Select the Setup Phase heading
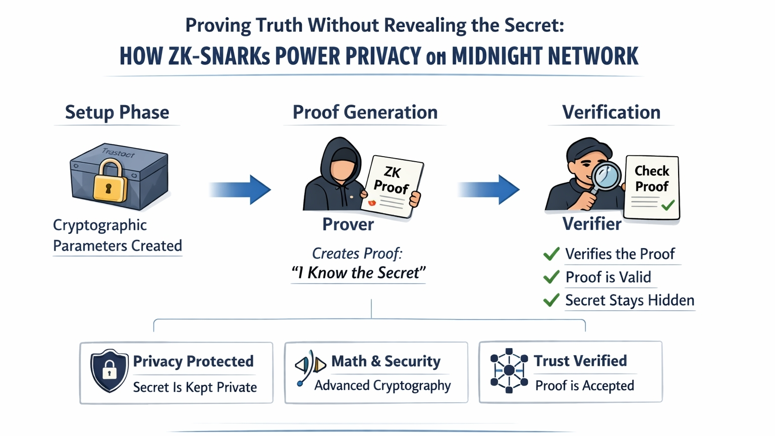[117, 112]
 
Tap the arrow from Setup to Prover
[241, 189]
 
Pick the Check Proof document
[652, 187]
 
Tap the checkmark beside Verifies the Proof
[551, 254]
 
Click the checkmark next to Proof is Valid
[551, 277]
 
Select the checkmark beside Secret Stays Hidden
[551, 300]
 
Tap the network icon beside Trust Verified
[509, 370]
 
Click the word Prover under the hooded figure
[348, 224]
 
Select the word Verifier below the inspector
[592, 224]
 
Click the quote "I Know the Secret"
[359, 273]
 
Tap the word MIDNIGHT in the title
[495, 56]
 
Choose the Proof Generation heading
[365, 112]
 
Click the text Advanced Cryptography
[382, 385]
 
